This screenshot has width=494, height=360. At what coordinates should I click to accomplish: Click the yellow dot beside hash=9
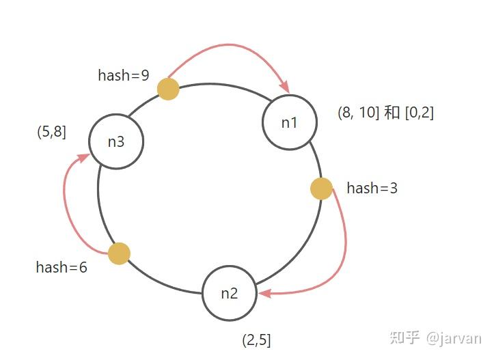(x=168, y=89)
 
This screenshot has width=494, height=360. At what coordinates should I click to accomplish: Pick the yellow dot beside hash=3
(x=321, y=189)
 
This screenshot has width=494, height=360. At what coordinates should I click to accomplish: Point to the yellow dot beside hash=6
(x=119, y=253)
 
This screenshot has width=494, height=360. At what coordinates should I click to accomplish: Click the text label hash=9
(x=124, y=75)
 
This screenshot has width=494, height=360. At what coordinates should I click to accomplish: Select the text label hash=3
(x=372, y=188)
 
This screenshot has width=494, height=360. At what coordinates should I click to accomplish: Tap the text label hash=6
(x=61, y=267)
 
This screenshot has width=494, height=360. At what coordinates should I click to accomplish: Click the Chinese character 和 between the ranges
(x=392, y=113)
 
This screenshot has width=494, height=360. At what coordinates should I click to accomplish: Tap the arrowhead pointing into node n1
(x=286, y=87)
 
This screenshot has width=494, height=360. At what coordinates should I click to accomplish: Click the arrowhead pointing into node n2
(x=264, y=294)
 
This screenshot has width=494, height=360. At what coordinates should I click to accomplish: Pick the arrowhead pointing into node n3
(x=84, y=157)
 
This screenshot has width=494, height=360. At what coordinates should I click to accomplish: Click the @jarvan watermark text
(x=454, y=339)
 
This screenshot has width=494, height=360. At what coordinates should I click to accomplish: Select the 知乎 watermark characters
(x=405, y=337)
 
